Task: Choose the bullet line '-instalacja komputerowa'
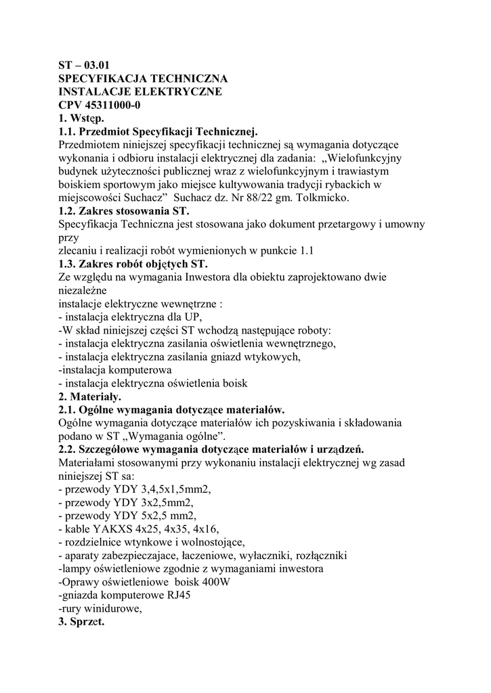click(x=114, y=370)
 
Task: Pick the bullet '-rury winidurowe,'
click(x=100, y=608)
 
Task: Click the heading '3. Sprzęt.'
click(x=81, y=621)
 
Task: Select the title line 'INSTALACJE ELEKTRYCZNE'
click(x=140, y=92)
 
